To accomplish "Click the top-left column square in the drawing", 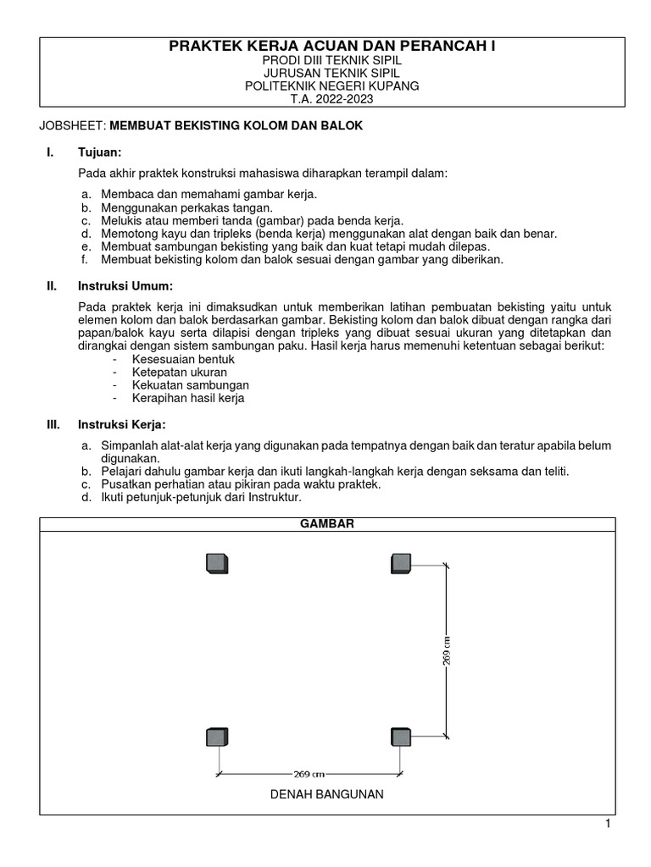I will coord(218,563).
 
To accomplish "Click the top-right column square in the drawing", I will coord(401,563).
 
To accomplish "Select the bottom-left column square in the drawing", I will coord(218,737).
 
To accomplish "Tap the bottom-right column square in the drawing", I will coord(401,737).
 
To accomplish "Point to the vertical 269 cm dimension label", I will coord(447,650).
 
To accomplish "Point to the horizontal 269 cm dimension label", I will coord(310,774).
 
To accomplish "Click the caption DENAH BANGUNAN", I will coord(327,794).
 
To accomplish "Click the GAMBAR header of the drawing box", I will coord(327,524).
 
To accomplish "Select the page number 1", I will coord(608,825).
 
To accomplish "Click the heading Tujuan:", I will coord(100,152).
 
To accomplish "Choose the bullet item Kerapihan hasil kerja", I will coord(187,398).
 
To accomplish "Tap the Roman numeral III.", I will coord(53,424).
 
